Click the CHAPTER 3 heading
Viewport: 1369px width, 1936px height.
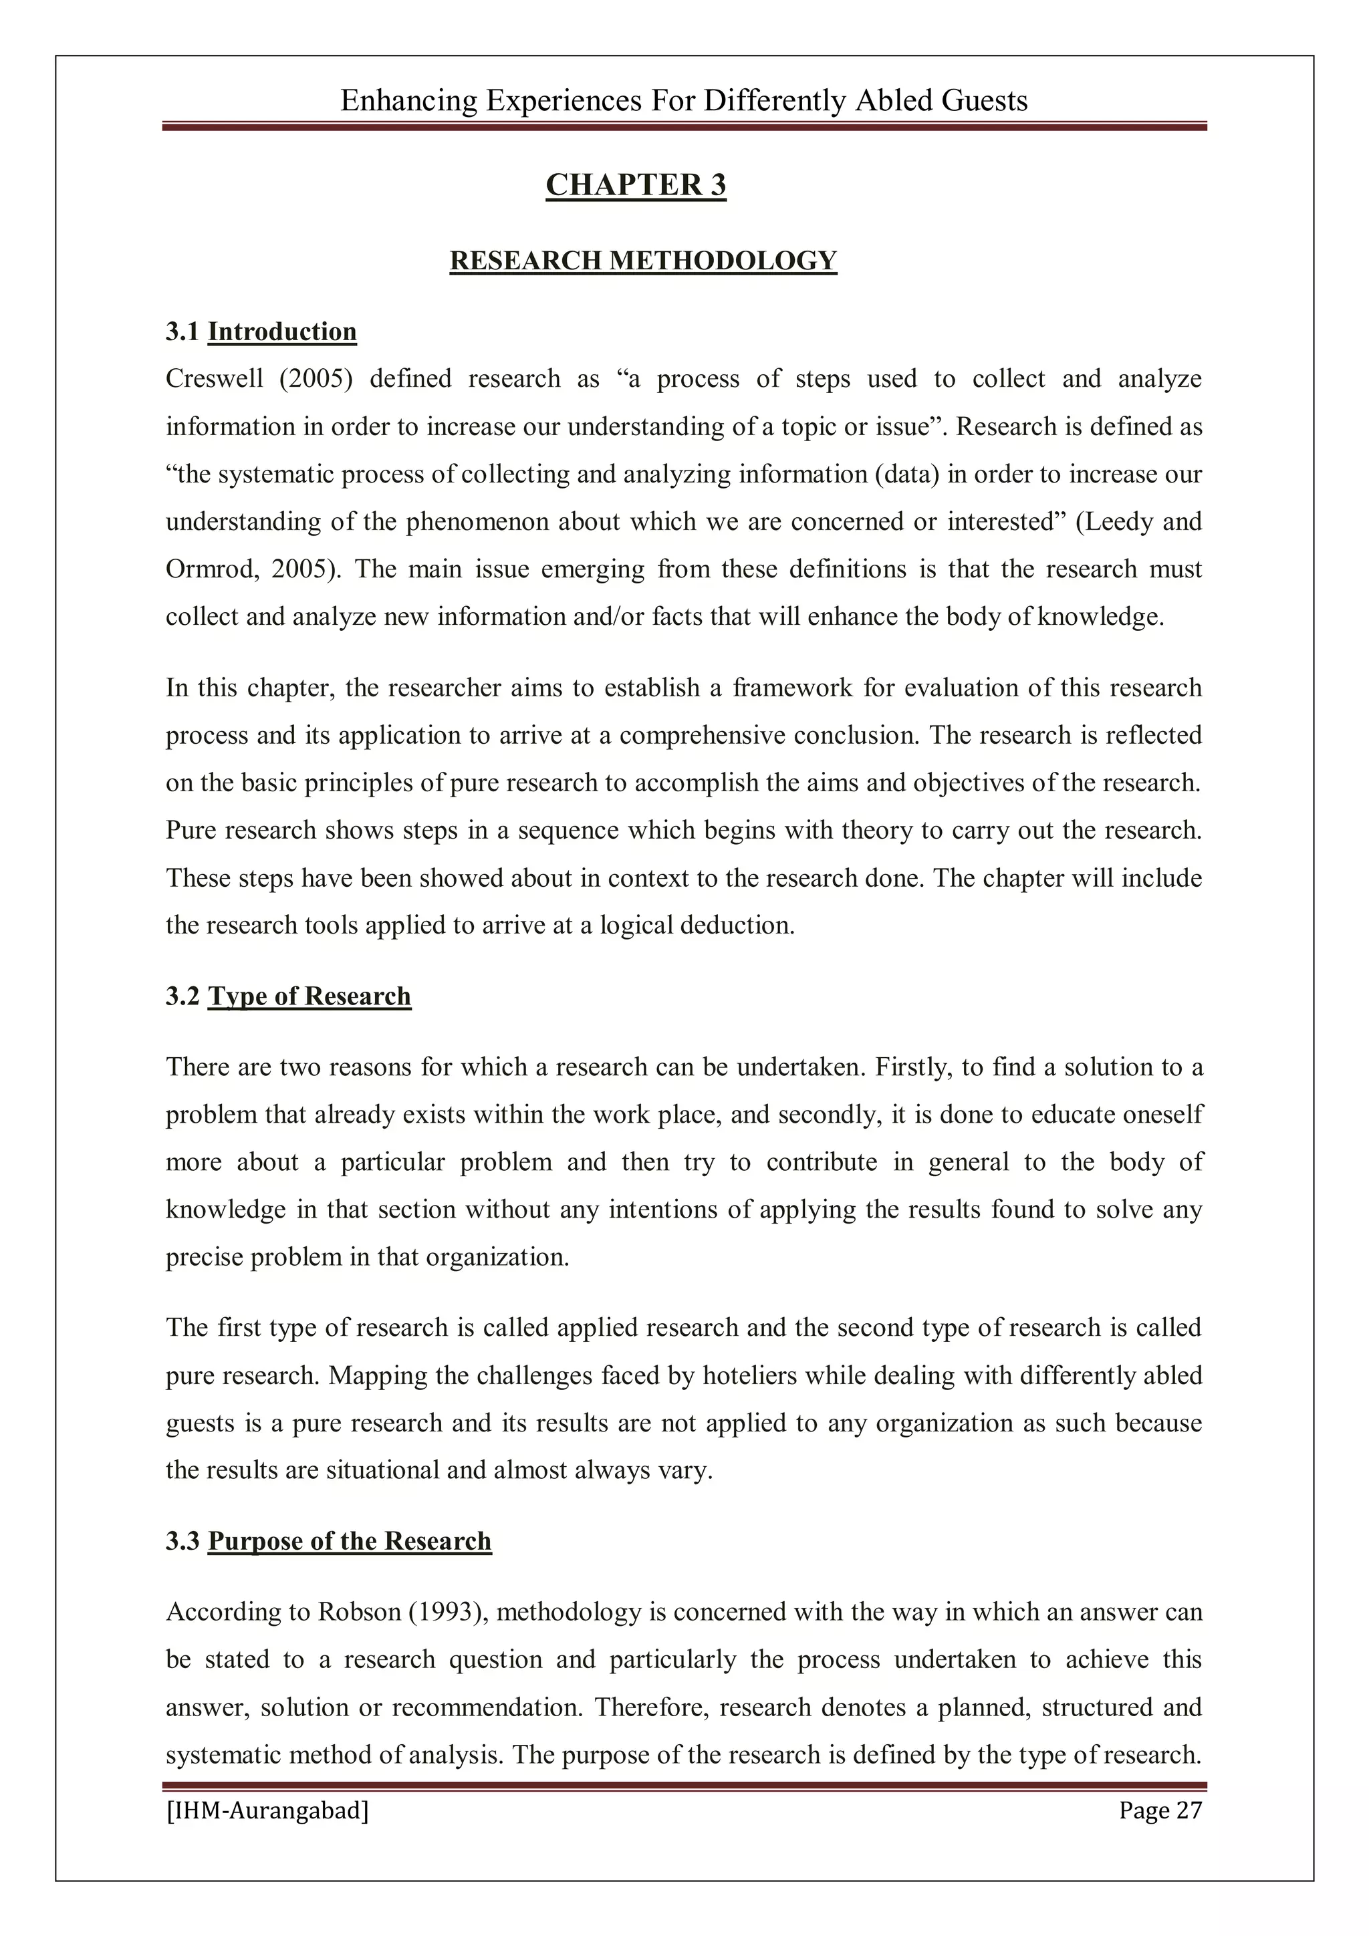[x=635, y=184]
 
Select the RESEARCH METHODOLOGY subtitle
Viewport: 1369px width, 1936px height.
[x=643, y=261]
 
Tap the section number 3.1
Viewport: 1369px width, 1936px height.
[x=183, y=332]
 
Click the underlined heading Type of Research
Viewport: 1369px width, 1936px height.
[x=309, y=996]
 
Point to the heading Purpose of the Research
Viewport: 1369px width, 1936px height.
[x=349, y=1541]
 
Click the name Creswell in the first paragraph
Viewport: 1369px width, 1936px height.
[x=215, y=379]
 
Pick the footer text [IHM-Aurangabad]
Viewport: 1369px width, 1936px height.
[x=267, y=1810]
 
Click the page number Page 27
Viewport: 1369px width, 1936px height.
[x=1160, y=1810]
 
